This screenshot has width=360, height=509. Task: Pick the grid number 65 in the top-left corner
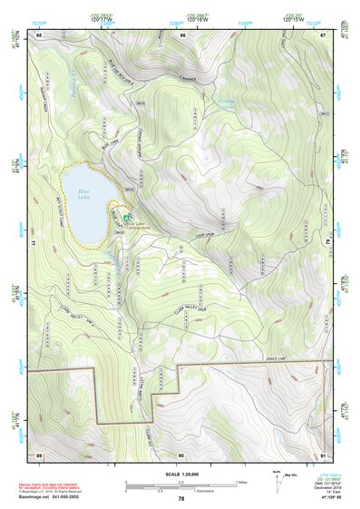pyautogui.click(x=39, y=34)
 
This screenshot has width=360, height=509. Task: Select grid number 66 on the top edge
pyautogui.click(x=182, y=34)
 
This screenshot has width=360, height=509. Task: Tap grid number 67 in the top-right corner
pyautogui.click(x=324, y=34)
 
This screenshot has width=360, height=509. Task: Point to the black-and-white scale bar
pyautogui.click(x=181, y=485)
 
